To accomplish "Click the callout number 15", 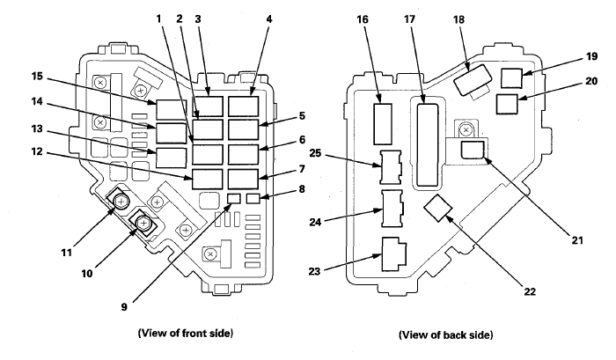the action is click(x=37, y=76).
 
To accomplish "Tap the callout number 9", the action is click(x=124, y=306).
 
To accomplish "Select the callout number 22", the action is click(x=530, y=291).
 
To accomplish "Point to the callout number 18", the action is click(x=458, y=19).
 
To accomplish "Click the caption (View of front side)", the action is click(x=186, y=334).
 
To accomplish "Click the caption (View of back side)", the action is click(x=446, y=334).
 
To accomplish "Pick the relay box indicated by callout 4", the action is click(x=243, y=107).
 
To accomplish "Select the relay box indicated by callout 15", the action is click(x=172, y=109).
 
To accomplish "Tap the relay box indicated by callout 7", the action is click(x=243, y=179).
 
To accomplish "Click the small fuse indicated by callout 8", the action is click(x=253, y=198).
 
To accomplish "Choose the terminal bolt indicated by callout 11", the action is click(x=121, y=202).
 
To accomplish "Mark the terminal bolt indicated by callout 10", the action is click(x=143, y=224).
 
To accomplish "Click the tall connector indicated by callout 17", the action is click(x=428, y=144).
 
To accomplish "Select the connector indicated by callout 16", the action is click(x=383, y=124).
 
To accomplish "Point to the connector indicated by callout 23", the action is click(x=394, y=253).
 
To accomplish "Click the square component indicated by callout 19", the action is click(x=511, y=78).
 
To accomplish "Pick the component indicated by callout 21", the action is click(x=473, y=151).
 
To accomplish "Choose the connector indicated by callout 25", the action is click(x=391, y=167).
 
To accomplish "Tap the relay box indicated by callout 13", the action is click(x=172, y=158).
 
